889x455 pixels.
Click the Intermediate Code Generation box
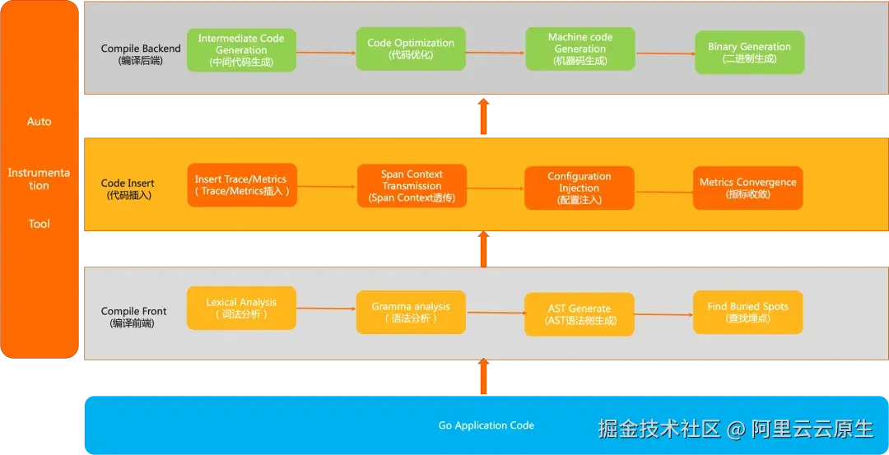click(241, 50)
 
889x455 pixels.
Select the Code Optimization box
click(411, 49)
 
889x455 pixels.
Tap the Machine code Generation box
click(579, 49)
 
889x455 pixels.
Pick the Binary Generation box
click(749, 53)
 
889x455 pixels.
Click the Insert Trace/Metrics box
click(241, 185)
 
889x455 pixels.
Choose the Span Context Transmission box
click(412, 186)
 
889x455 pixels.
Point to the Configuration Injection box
click(579, 188)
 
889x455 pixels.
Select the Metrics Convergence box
click(747, 188)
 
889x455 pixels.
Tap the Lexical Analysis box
click(241, 308)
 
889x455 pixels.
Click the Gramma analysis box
click(411, 312)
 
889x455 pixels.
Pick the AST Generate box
click(579, 314)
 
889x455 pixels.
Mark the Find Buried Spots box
click(747, 312)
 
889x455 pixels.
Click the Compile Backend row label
click(129, 54)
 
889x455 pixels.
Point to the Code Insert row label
click(128, 189)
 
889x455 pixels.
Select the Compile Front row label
click(133, 317)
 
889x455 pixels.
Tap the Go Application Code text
click(486, 425)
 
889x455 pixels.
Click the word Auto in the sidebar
click(40, 121)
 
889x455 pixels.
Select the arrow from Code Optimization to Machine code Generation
click(496, 52)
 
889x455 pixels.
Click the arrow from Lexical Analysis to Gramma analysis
click(326, 309)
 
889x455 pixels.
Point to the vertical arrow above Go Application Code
click(483, 378)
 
